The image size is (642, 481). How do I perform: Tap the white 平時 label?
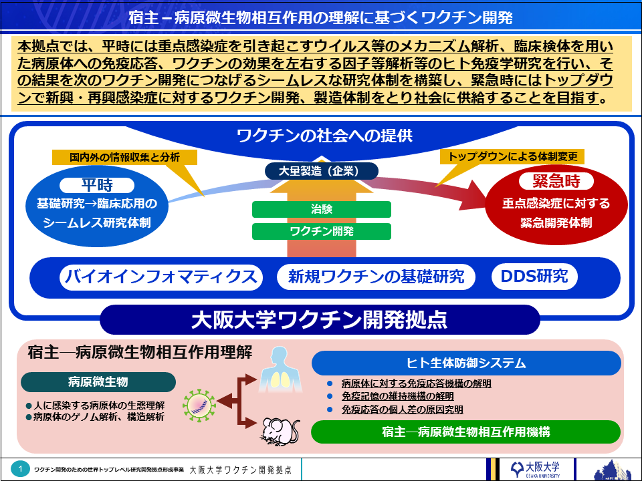[x=96, y=185]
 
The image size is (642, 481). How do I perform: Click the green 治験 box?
[x=321, y=208]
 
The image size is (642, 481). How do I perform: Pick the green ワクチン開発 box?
[x=321, y=231]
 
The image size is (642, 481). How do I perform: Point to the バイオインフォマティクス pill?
[x=160, y=277]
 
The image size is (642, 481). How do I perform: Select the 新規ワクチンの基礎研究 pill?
[x=377, y=277]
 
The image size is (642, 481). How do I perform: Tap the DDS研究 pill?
[x=534, y=277]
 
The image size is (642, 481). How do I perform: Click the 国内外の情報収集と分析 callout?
[x=124, y=158]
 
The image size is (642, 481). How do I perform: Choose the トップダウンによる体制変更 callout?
[x=513, y=157]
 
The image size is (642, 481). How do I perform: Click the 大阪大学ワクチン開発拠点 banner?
[x=320, y=319]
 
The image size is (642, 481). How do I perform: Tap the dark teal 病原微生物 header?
[x=98, y=382]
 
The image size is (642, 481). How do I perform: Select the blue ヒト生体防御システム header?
[x=466, y=363]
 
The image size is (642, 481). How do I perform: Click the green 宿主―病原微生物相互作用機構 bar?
[x=466, y=432]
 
